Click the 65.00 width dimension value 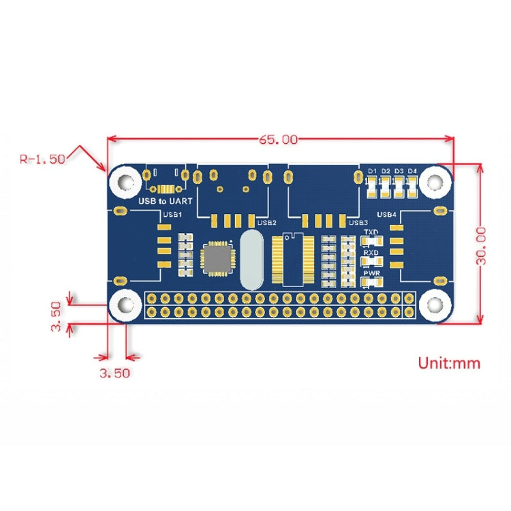pyautogui.click(x=278, y=140)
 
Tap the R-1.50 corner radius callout pyautogui.click(x=42, y=159)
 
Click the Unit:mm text pyautogui.click(x=448, y=362)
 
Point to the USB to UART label pyautogui.click(x=165, y=201)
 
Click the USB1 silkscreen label pyautogui.click(x=172, y=215)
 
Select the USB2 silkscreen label pyautogui.click(x=266, y=222)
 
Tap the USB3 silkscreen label pyautogui.click(x=358, y=222)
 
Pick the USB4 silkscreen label pyautogui.click(x=387, y=215)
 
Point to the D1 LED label pyautogui.click(x=372, y=170)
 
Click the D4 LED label pyautogui.click(x=412, y=170)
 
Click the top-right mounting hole pyautogui.click(x=434, y=182)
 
